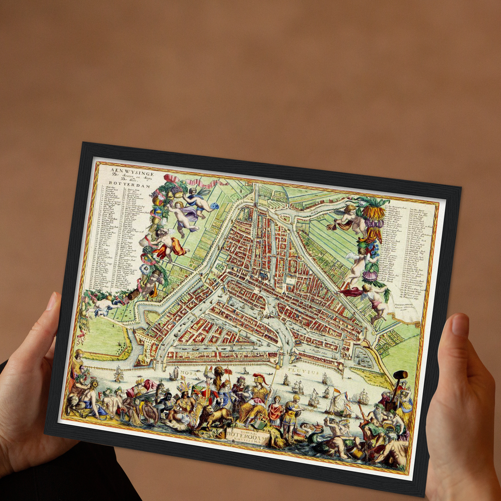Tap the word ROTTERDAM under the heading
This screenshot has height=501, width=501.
(x=129, y=184)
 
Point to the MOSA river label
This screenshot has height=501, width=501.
(x=189, y=373)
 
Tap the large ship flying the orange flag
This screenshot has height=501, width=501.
(x=338, y=404)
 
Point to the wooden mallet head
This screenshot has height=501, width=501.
(x=401, y=375)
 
